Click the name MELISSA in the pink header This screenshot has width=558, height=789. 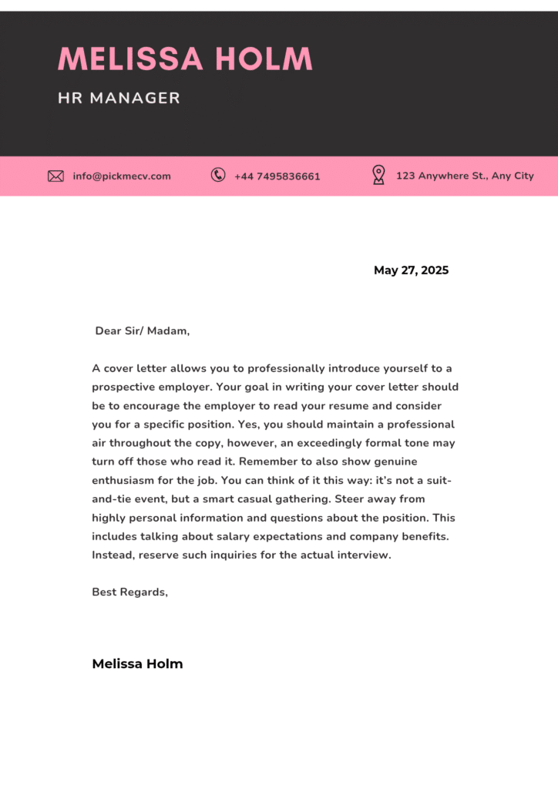coord(130,59)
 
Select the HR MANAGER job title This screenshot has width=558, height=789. coord(119,99)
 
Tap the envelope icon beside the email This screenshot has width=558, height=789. coord(55,176)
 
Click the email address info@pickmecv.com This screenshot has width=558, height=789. coord(122,176)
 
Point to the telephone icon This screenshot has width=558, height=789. coord(218,175)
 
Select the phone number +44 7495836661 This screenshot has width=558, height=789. coord(277,176)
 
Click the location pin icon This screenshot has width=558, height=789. coord(378,175)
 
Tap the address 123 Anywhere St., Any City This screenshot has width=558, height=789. coord(465,176)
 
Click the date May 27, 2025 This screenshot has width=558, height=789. coord(411,270)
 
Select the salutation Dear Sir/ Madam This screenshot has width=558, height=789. coord(142,331)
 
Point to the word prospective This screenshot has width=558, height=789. coord(123,387)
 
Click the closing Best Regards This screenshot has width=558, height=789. coord(129,593)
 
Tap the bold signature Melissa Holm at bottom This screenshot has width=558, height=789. coord(137,664)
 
